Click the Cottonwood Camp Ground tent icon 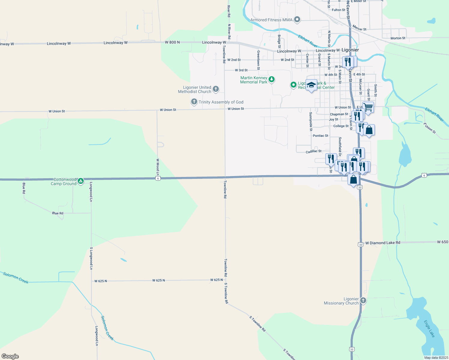(80, 181)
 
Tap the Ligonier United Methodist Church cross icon (215, 89)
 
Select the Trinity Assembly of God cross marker (194, 102)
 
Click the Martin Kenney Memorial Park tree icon (272, 79)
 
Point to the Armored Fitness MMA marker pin (297, 19)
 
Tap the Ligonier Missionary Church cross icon (363, 300)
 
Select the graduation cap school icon (311, 85)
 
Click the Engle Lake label (429, 328)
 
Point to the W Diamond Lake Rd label (383, 243)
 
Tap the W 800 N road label (172, 42)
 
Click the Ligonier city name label (350, 50)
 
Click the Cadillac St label (314, 151)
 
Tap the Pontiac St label (321, 136)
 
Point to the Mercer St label (359, 28)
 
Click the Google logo (10, 356)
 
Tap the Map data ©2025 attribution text (436, 358)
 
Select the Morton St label (398, 38)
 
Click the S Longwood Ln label (91, 258)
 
